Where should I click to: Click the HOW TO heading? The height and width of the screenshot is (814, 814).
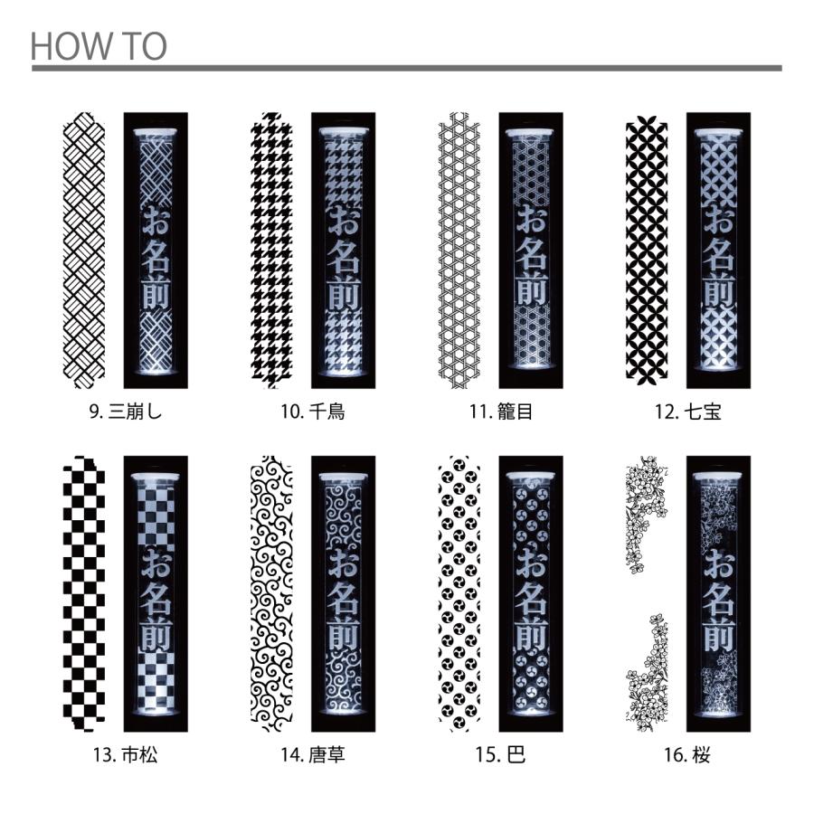click(x=99, y=46)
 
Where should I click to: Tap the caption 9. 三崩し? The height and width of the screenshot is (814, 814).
click(x=126, y=412)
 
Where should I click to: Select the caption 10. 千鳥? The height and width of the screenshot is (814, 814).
click(x=313, y=412)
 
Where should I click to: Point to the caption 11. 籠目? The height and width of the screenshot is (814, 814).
click(x=501, y=412)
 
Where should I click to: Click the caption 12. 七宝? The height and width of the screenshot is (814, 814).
click(x=688, y=412)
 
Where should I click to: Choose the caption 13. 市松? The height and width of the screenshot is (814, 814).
click(x=125, y=754)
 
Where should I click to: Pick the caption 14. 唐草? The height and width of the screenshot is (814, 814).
click(x=313, y=754)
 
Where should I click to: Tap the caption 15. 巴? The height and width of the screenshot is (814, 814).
click(x=500, y=754)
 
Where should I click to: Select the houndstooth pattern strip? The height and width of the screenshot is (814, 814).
click(x=271, y=251)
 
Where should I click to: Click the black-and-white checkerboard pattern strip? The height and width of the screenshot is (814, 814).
click(x=84, y=594)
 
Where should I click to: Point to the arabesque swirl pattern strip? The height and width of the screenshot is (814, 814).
click(x=271, y=594)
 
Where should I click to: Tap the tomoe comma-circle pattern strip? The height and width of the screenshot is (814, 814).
click(x=459, y=594)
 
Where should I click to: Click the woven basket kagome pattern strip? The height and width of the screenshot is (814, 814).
click(x=459, y=251)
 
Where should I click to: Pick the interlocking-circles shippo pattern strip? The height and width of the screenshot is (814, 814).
click(x=647, y=251)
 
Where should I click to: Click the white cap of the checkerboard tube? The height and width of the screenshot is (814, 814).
click(x=156, y=477)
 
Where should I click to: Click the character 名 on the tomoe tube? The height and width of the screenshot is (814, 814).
click(x=531, y=601)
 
